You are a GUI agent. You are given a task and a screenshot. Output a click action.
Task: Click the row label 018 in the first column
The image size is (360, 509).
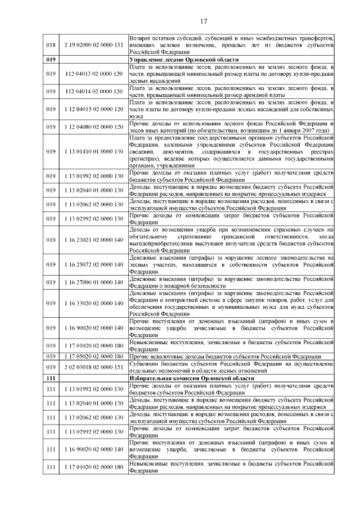click(x=51, y=44)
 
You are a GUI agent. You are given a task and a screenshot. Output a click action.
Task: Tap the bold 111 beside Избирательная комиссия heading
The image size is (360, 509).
click(x=51, y=379)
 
